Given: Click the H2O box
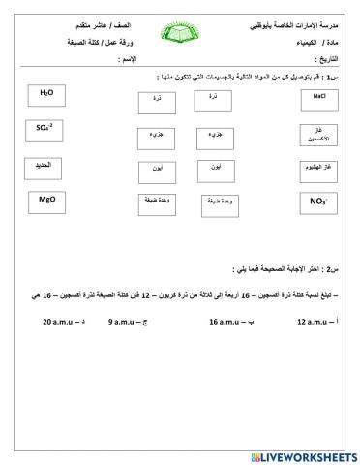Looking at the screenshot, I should [x=45, y=94].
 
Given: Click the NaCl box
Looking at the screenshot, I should [x=318, y=98].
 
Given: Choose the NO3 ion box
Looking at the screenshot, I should [x=317, y=201].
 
